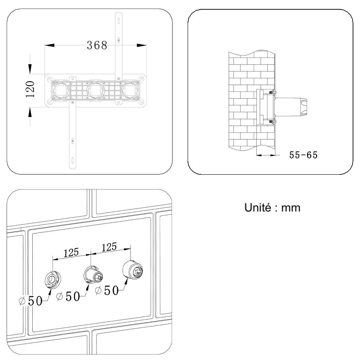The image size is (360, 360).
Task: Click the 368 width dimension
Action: (97, 45)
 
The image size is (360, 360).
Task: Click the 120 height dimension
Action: (30, 89)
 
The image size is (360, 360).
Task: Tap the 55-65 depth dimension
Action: (303, 155)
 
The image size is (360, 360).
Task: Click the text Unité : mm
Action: (272, 207)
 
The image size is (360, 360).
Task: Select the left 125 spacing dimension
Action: (71, 253)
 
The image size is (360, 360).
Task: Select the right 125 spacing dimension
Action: (109, 247)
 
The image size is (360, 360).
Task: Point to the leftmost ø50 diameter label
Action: (31, 301)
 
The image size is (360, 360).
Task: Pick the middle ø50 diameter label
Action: (68, 296)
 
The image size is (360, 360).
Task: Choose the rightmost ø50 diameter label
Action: (107, 290)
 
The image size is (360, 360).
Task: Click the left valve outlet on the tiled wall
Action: (53, 279)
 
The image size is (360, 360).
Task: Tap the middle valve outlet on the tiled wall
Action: (93, 274)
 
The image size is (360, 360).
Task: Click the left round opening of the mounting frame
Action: (61, 90)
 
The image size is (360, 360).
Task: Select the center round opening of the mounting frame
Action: (97, 90)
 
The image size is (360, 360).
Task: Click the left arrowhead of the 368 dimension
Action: (49, 45)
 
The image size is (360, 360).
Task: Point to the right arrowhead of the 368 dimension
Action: (142, 45)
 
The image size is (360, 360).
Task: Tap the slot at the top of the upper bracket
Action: (118, 21)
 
